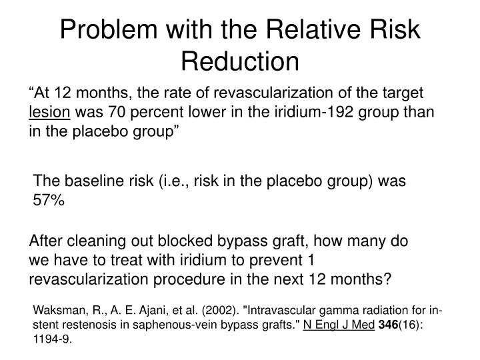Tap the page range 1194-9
(51, 340)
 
